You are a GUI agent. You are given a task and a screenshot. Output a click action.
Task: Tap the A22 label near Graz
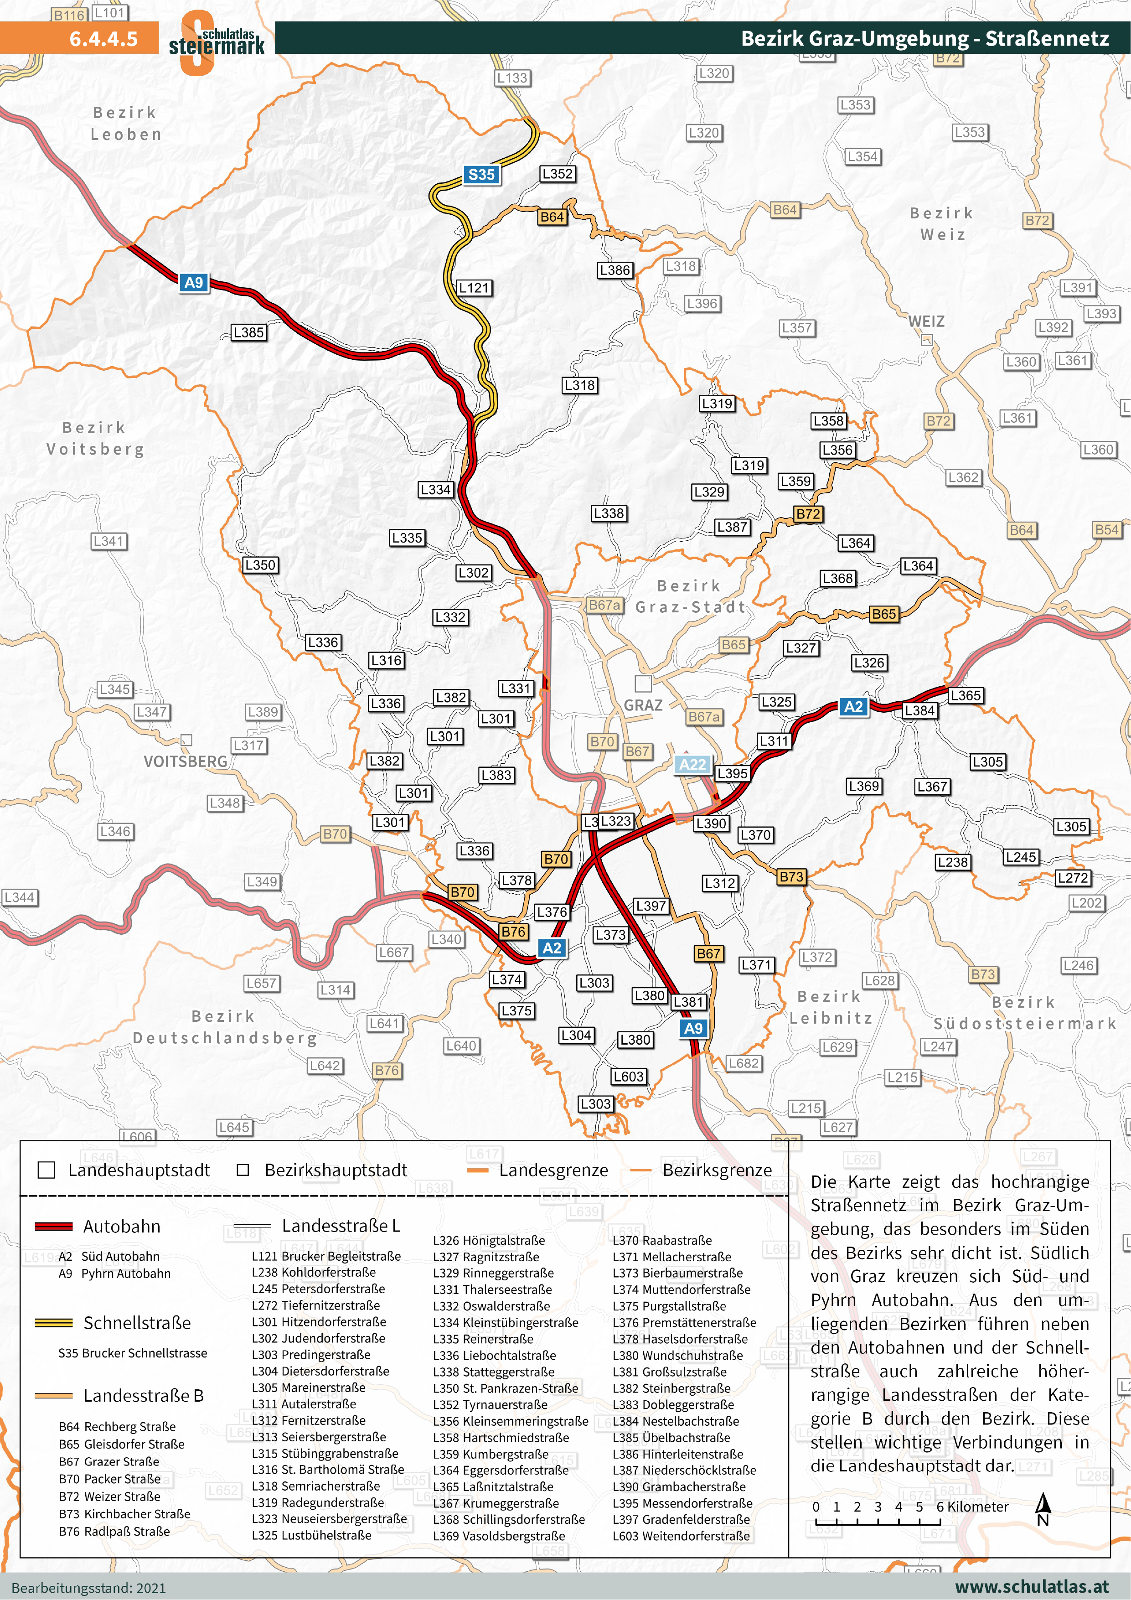coord(692,765)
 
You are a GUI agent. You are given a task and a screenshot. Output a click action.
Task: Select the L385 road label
coord(248,332)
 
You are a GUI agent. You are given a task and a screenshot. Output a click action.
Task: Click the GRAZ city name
coord(642,705)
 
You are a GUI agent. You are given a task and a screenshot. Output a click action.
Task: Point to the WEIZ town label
coord(926,321)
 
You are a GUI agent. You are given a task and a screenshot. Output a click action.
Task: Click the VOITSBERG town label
coord(186,761)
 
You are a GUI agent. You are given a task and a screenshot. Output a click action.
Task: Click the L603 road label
coord(628,1076)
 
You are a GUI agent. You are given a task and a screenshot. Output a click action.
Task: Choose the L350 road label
coord(260,564)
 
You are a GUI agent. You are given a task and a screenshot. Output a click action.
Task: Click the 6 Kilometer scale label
coord(972,1507)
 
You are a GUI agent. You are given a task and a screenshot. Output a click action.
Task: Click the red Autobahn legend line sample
coord(54,1227)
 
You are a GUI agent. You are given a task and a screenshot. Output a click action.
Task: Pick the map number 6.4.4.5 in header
coord(103,38)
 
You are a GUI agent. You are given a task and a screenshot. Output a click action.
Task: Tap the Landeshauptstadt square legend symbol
coord(46,1170)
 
